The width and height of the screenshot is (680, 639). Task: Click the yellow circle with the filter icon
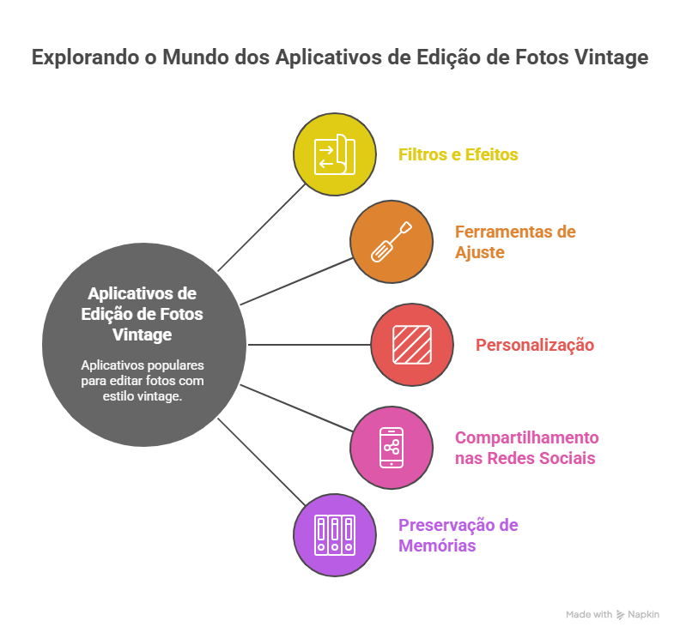click(x=335, y=154)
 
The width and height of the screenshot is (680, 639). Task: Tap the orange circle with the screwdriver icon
click(x=391, y=242)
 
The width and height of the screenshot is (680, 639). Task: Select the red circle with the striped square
click(x=412, y=345)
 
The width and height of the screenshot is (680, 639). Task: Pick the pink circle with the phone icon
click(x=391, y=448)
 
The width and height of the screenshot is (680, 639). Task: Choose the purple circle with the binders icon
click(x=335, y=534)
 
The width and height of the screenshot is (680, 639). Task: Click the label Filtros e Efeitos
click(x=458, y=155)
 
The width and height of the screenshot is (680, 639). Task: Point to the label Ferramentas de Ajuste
click(x=514, y=242)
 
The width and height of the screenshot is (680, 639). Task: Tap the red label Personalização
click(x=535, y=345)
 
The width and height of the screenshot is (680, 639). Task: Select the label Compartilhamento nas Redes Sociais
click(x=525, y=448)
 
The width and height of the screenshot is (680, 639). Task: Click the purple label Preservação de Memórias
click(x=458, y=534)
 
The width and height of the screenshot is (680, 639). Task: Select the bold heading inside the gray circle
click(x=143, y=314)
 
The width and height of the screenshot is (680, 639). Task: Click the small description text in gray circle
click(x=143, y=380)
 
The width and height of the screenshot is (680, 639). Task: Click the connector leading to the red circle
click(x=309, y=345)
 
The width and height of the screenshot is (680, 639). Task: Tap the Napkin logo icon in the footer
click(x=621, y=615)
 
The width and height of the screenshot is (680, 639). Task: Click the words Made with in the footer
click(x=589, y=615)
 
